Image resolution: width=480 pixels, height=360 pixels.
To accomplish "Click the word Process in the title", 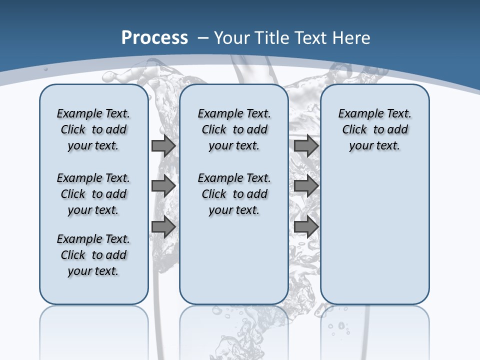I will click(x=154, y=38).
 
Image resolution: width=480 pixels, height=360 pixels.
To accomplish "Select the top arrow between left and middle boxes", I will click(x=163, y=146).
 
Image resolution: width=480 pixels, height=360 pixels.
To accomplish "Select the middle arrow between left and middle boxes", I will click(x=163, y=186).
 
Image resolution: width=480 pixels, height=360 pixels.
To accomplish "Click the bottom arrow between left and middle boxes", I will click(x=163, y=226).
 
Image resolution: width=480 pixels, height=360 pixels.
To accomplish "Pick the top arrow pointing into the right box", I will click(x=306, y=146).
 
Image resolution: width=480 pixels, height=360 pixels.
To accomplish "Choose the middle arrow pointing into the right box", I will click(x=306, y=186).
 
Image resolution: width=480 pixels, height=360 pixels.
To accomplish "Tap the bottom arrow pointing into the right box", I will click(x=306, y=226).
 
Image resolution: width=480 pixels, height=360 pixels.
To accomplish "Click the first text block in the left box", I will click(x=93, y=129).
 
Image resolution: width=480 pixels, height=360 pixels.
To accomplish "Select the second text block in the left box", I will click(x=93, y=194).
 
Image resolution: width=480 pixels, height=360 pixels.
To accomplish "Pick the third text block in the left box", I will click(x=93, y=255).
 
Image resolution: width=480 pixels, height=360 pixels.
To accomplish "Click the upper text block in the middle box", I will click(x=234, y=129).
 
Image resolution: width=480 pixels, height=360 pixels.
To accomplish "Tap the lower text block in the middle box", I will click(x=234, y=194).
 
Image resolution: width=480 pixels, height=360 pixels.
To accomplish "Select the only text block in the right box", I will click(x=374, y=129).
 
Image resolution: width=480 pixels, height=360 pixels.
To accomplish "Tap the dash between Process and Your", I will click(x=203, y=38).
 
